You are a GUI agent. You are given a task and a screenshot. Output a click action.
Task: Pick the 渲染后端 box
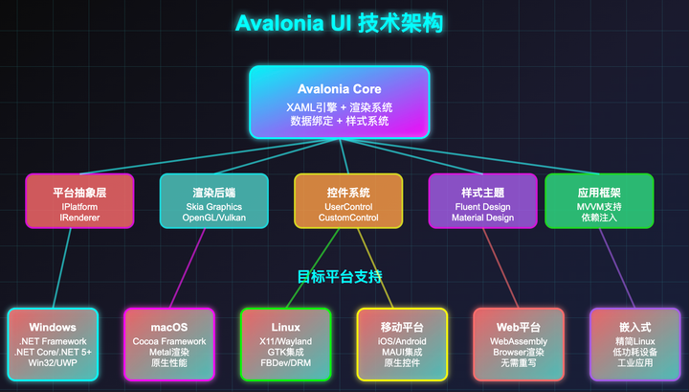pos(213,201)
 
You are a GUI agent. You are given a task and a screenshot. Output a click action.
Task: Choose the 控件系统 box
pos(348,201)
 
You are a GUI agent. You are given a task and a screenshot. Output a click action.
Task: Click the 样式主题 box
pos(482,201)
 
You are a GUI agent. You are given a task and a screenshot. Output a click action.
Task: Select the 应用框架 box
pos(599,201)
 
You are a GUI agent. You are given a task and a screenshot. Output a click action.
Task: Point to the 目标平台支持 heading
pos(340,277)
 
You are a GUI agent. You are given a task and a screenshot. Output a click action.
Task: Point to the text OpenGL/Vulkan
pos(213,219)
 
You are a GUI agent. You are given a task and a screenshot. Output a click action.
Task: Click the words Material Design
pos(482,219)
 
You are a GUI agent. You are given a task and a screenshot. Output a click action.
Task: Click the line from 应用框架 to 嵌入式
pos(614,268)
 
